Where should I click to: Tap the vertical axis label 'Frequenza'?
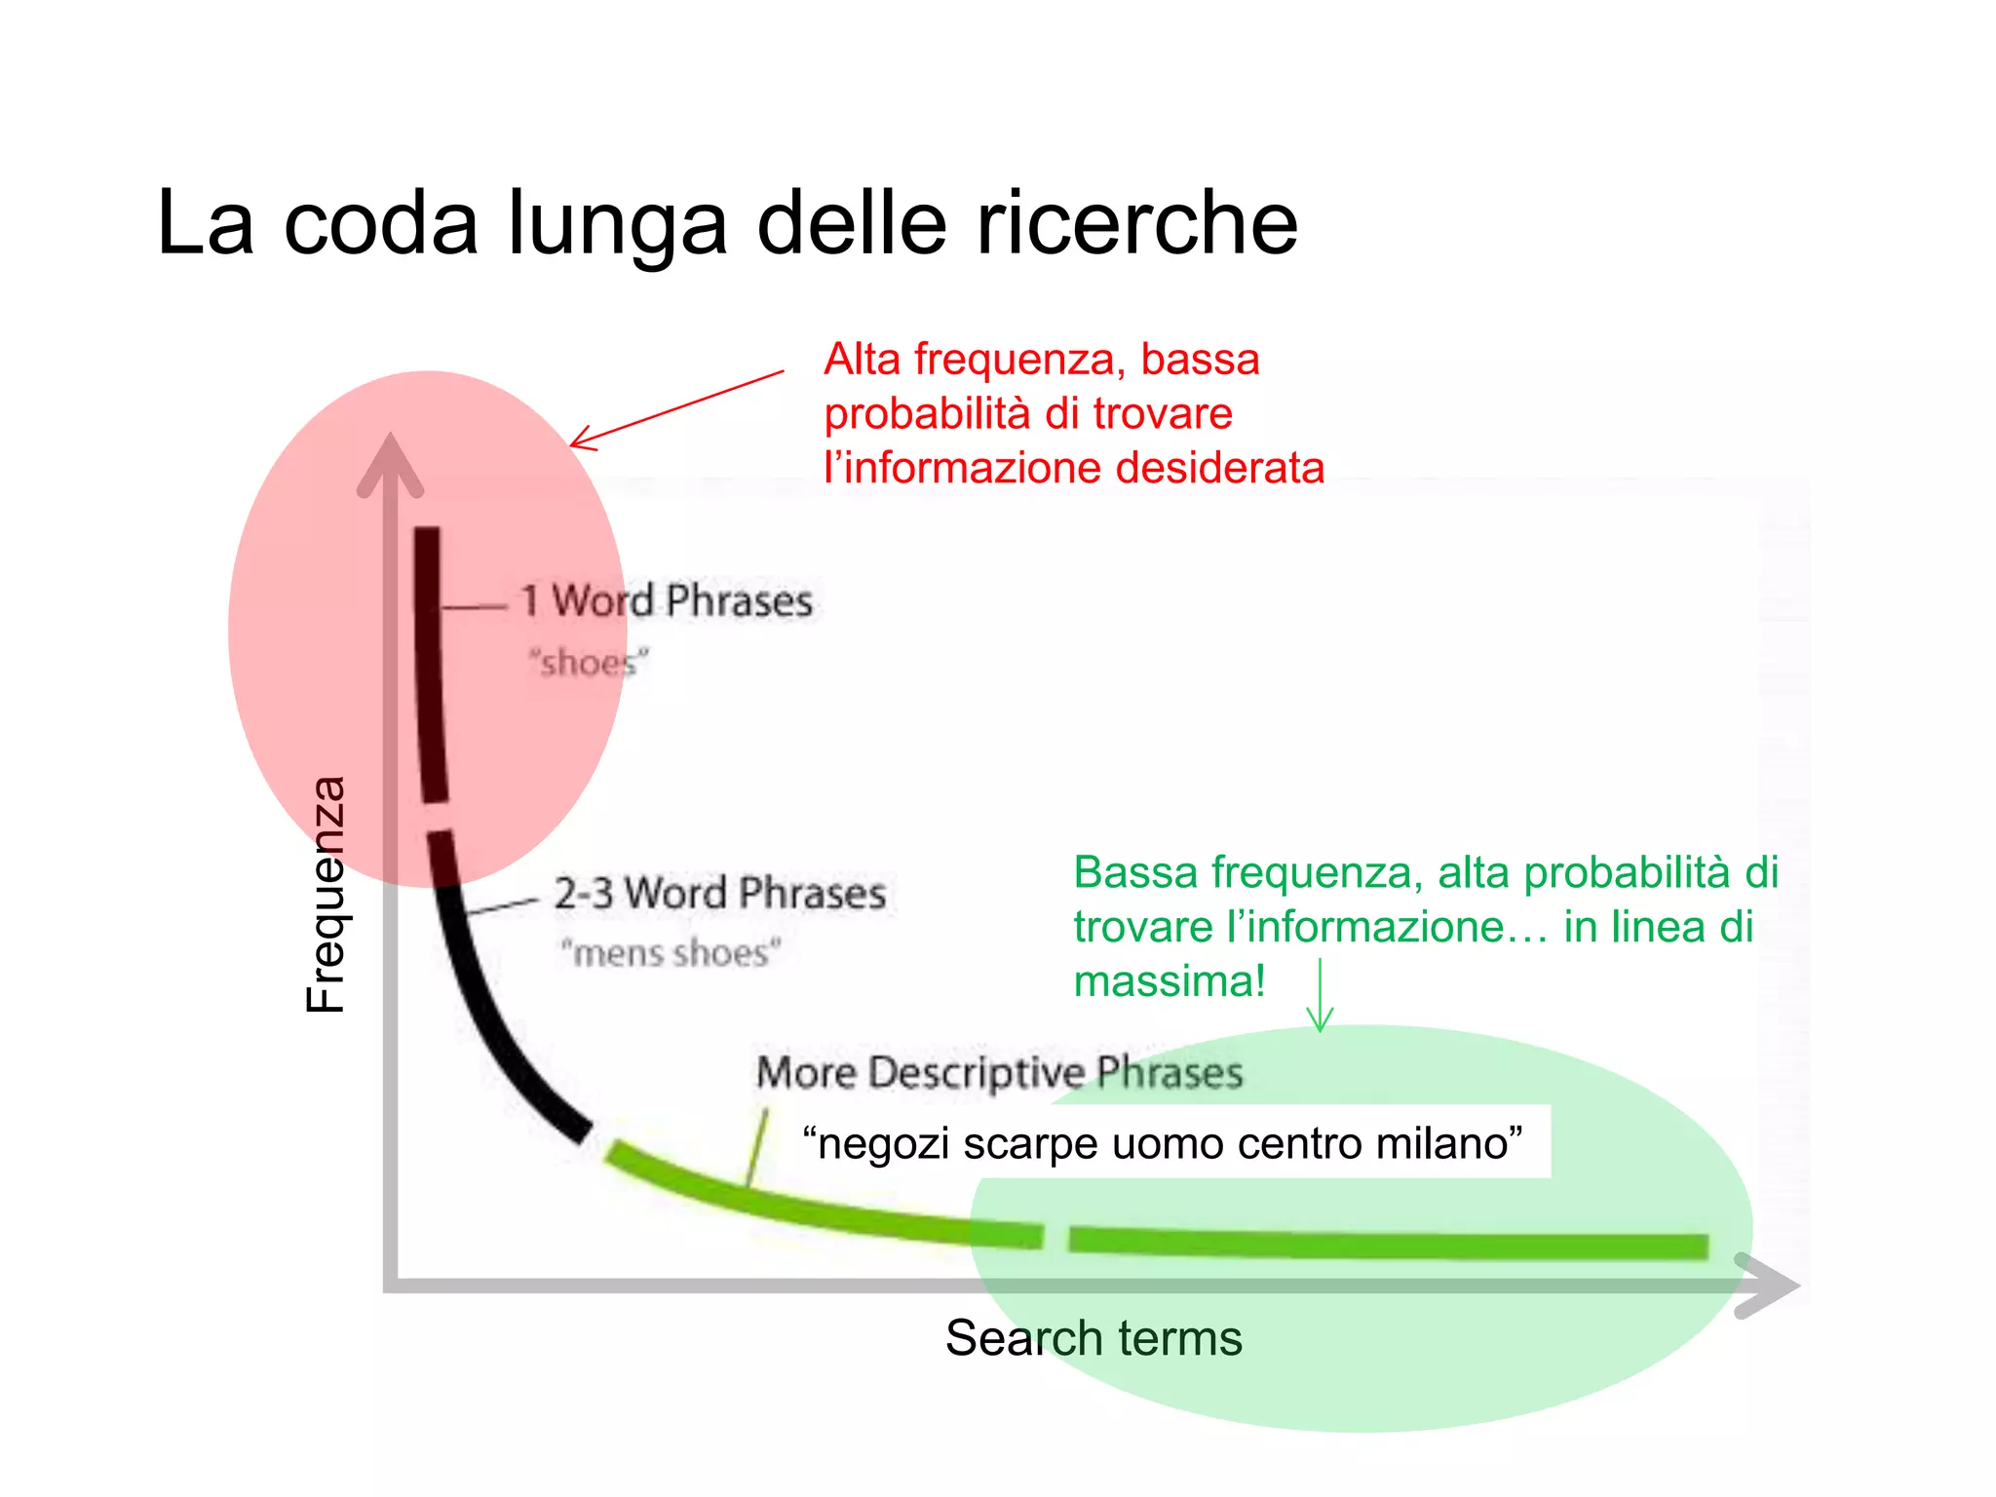[x=326, y=895]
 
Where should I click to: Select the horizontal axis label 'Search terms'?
[x=1094, y=1338]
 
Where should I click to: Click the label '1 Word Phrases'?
[x=667, y=600]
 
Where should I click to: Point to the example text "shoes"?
[x=588, y=663]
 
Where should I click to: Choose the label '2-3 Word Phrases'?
[x=720, y=893]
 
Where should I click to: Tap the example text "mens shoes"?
[x=671, y=952]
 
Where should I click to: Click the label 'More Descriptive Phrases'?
[x=999, y=1072]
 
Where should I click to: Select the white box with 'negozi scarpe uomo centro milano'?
[x=1162, y=1142]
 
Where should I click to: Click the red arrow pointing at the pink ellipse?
[x=676, y=409]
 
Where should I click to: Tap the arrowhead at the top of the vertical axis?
[x=390, y=463]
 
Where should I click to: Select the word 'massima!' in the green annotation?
[x=1169, y=980]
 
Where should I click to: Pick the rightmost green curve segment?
[x=1388, y=1244]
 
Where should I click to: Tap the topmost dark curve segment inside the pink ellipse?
[x=430, y=663]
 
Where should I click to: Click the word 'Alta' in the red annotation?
[x=862, y=360]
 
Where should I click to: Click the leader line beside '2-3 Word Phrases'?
[x=501, y=906]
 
